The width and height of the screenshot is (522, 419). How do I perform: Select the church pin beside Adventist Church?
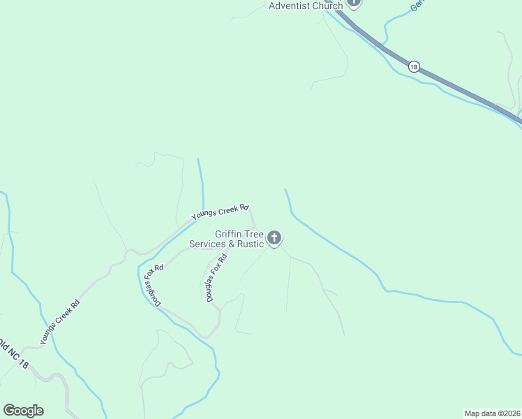pos(354,3)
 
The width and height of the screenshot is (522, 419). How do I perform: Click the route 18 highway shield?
pos(414,67)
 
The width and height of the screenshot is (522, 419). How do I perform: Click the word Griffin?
pos(230,234)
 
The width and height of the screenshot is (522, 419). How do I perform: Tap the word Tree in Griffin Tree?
pos(254,234)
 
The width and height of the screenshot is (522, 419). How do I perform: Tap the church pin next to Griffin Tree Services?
pos(275,238)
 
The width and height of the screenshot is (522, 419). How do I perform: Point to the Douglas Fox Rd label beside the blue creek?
pos(154,286)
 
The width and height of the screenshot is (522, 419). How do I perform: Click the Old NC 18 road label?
pos(14,355)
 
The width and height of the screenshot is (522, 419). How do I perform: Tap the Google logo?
pos(23,411)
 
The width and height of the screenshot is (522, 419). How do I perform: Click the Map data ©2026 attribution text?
pos(492,413)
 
